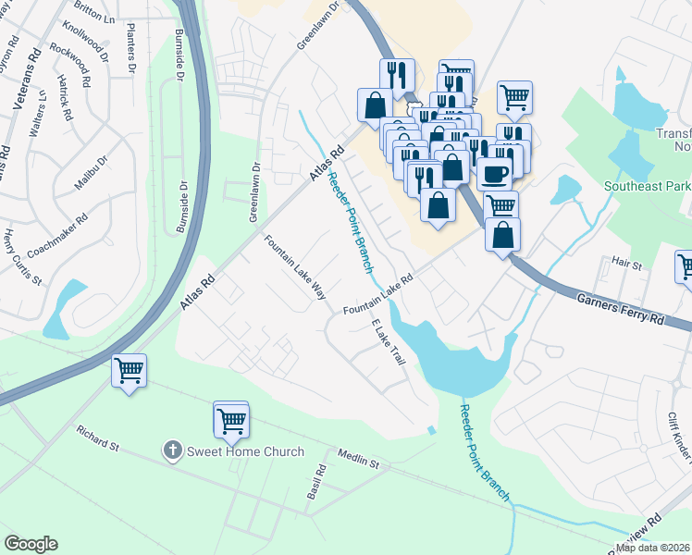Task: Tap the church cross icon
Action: [171, 451]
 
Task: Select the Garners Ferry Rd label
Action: [621, 307]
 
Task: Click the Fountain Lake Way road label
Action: [295, 267]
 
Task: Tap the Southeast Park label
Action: [647, 185]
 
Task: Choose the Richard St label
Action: [99, 438]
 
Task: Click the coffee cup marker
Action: [495, 173]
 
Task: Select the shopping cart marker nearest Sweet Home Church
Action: [231, 421]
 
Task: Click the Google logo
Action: [31, 544]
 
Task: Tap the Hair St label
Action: [625, 264]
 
